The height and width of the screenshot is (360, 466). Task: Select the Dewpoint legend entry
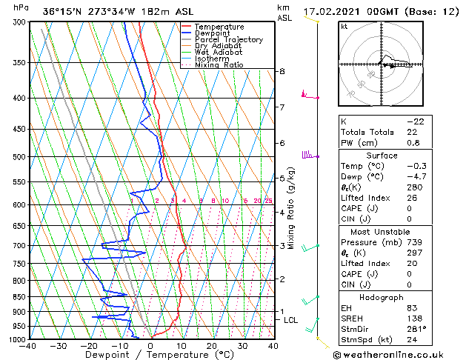213,33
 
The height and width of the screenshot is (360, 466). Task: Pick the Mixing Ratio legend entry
219,65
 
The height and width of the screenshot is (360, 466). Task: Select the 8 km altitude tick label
282,71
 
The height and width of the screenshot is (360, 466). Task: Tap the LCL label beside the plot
291,320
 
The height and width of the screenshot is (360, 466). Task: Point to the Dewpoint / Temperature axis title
151,355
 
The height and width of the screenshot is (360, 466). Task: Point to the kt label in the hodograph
344,27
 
